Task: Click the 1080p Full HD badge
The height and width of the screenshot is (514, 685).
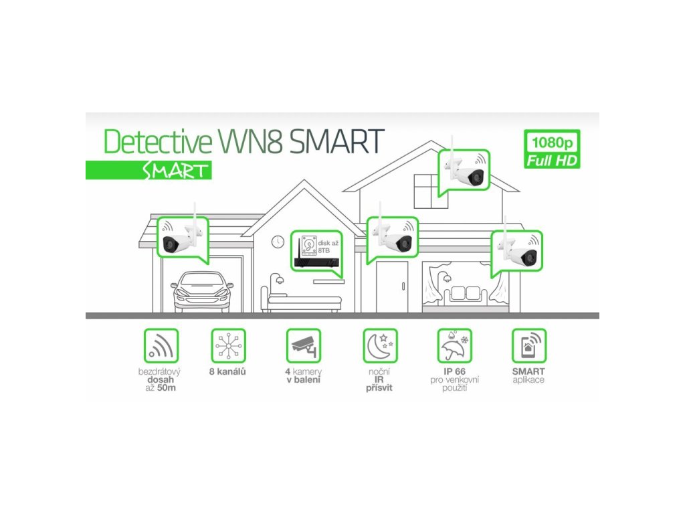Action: (553, 150)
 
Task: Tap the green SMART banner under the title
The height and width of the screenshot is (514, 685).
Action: (149, 170)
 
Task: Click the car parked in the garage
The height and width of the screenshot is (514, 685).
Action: (202, 292)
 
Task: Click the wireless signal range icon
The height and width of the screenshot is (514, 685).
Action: (161, 346)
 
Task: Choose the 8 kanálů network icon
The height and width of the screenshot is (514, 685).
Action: (228, 346)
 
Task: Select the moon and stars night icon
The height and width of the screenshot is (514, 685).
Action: (379, 346)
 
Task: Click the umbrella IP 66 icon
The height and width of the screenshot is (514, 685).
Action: (454, 346)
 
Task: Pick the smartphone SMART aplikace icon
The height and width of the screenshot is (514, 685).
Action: (528, 346)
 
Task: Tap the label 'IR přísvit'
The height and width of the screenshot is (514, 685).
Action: (379, 383)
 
